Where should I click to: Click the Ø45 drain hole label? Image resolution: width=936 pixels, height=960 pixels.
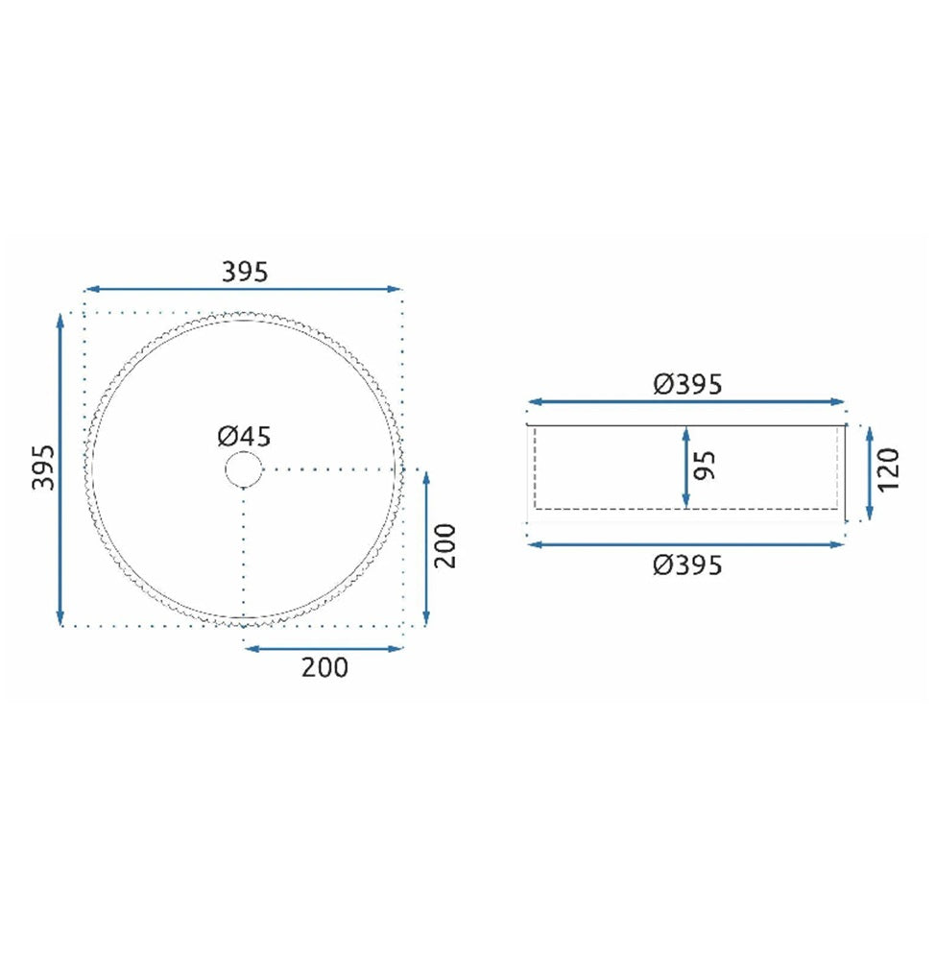click(x=244, y=437)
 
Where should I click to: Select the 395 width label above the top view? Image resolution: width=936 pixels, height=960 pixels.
click(x=245, y=272)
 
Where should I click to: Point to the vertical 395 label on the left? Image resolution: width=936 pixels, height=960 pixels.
click(x=43, y=468)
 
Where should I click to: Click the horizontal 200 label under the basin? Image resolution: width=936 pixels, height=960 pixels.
click(x=324, y=667)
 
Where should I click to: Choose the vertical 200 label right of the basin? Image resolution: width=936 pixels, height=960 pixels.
click(x=445, y=546)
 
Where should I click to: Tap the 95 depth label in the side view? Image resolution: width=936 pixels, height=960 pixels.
click(x=705, y=466)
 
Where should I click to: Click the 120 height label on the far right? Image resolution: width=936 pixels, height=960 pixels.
click(x=888, y=469)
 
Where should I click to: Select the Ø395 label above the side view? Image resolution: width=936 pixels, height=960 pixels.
click(x=687, y=384)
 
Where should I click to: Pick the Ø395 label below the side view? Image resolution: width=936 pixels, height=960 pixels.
click(x=687, y=564)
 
